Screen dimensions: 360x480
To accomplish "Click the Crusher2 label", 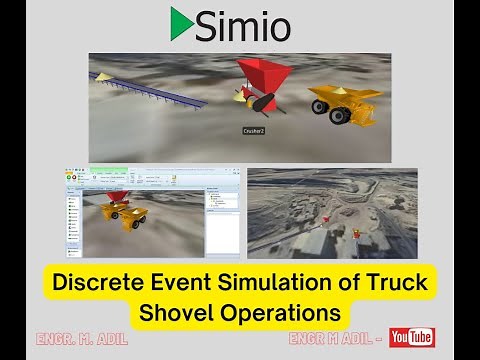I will pyautogui.click(x=253, y=130).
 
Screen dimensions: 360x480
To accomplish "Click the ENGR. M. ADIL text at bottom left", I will pyautogui.click(x=81, y=339).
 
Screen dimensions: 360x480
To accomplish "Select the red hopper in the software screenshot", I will pyautogui.click(x=118, y=198).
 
